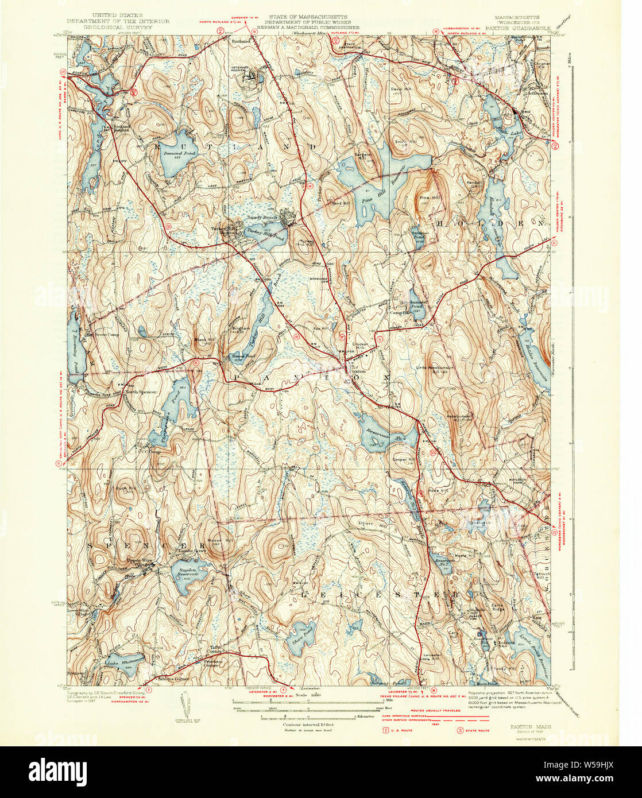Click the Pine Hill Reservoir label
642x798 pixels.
[x=377, y=198]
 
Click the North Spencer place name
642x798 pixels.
[x=138, y=393]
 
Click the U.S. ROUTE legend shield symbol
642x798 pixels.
[x=386, y=730]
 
